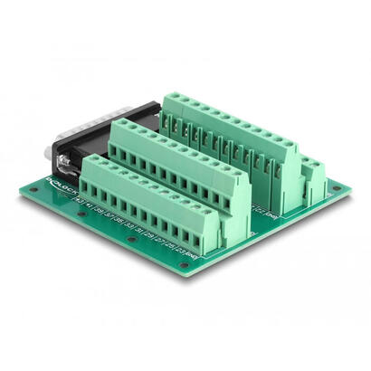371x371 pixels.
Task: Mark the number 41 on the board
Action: pos(91,205)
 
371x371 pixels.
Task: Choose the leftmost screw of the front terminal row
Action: pos(95,163)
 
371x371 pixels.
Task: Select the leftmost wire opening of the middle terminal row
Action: pos(118,150)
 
